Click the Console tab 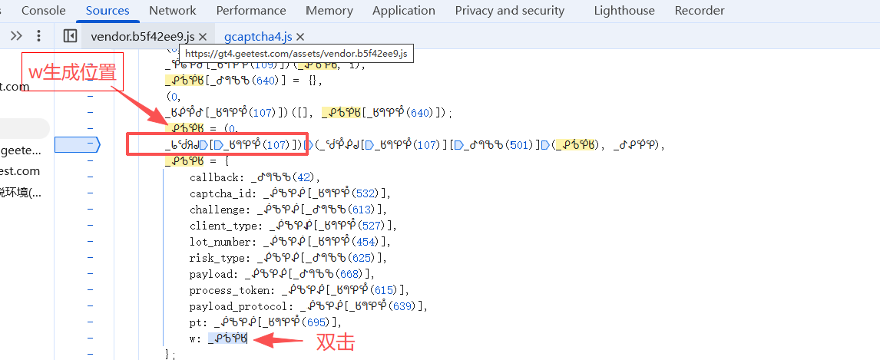43,11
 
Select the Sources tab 108,11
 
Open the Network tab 173,11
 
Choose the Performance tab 251,11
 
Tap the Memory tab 329,11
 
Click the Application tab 404,11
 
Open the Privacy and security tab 510,11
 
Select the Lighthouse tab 624,11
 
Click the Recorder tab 700,11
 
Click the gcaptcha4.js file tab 258,37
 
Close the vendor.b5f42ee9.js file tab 203,37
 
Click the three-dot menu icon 39,36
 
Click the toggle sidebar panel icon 70,36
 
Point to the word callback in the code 217,177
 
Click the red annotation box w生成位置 72,73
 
